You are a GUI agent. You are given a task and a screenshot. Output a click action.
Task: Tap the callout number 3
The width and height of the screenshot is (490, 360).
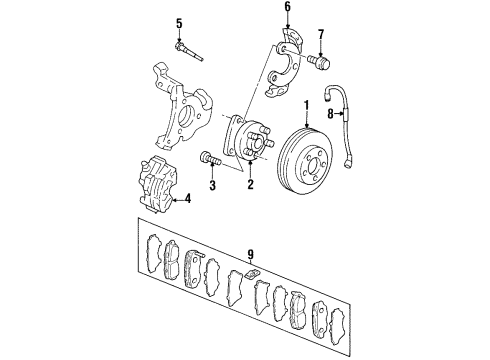pos(212,185)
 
